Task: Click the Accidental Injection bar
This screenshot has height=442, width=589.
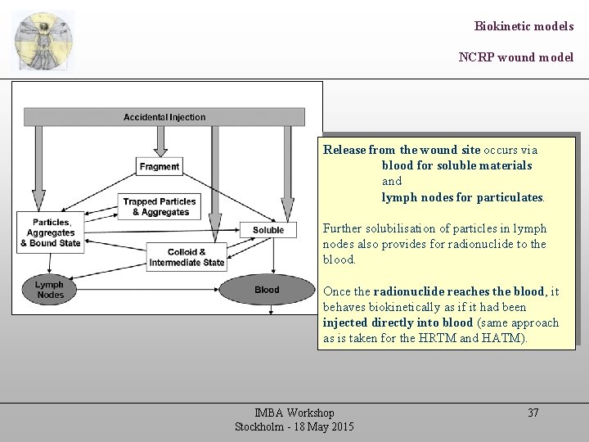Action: (x=164, y=117)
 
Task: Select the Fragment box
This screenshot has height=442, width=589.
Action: (x=160, y=166)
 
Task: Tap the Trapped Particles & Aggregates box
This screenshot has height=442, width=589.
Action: (x=160, y=207)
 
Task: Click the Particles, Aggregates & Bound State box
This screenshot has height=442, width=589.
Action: (x=51, y=232)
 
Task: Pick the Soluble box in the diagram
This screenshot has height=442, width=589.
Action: (x=268, y=230)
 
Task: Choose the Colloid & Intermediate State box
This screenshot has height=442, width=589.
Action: (x=187, y=257)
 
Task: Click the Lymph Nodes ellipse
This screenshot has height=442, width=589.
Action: (x=50, y=290)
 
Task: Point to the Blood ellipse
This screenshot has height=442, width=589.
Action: (x=267, y=290)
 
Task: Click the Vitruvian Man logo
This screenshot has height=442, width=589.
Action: (x=43, y=40)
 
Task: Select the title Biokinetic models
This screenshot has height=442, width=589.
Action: (x=524, y=26)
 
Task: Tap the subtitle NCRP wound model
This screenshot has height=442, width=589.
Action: (x=515, y=57)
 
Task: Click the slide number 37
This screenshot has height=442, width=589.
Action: (x=533, y=413)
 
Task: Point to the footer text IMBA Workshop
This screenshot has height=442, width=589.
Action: (x=294, y=413)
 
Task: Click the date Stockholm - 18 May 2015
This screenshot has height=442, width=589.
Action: (x=294, y=427)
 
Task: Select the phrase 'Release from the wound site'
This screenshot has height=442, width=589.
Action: (x=402, y=150)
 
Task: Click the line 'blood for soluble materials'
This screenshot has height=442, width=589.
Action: (x=456, y=165)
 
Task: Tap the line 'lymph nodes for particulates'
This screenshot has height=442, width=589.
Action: (x=462, y=197)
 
